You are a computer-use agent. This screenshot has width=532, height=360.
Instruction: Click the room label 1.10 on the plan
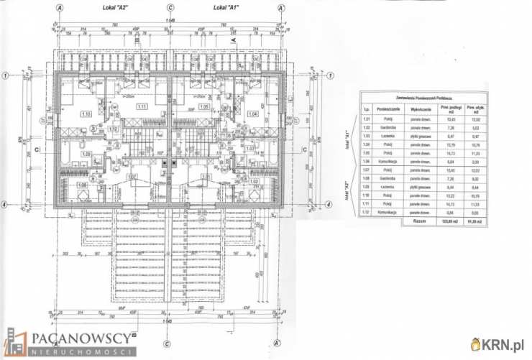pyautogui.click(x=86, y=114)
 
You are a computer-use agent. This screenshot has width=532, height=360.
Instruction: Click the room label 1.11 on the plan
pyautogui.click(x=142, y=107)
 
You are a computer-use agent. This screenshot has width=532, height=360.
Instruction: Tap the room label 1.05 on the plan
pyautogui.click(x=203, y=107)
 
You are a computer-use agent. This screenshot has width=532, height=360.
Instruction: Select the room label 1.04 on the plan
pyautogui.click(x=253, y=114)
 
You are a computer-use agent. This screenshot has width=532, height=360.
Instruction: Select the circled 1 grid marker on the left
pyautogui.click(x=6, y=75)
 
